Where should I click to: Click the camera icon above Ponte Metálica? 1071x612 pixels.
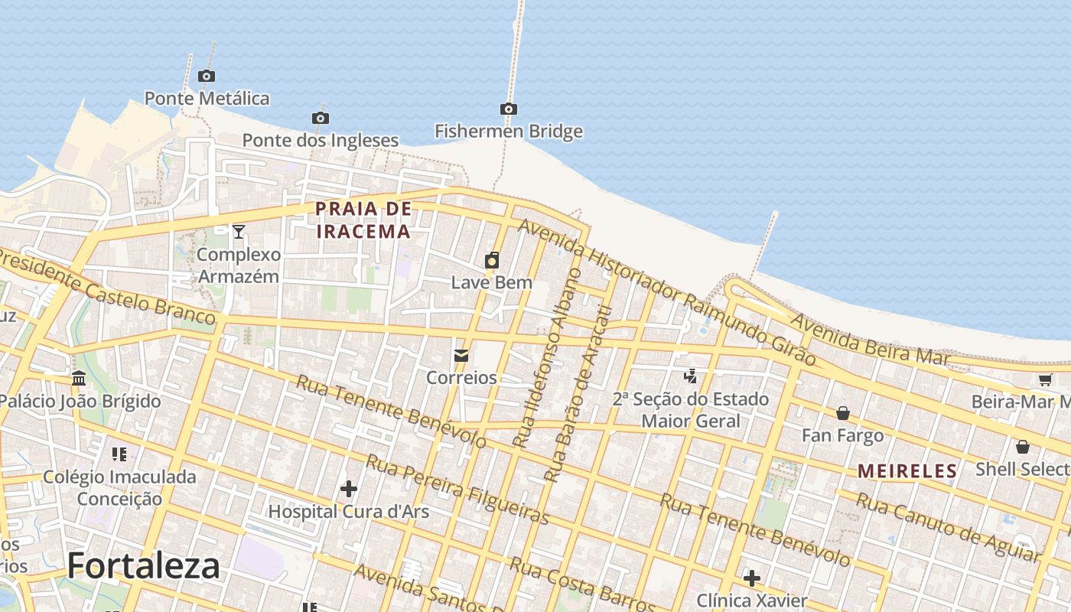pos(206,76)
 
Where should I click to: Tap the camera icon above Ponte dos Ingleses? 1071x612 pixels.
pos(321,118)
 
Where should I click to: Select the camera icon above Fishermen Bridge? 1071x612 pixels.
pos(509,109)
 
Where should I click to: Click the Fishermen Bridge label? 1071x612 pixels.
pos(509,132)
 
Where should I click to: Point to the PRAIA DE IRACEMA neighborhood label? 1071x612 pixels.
pos(363,220)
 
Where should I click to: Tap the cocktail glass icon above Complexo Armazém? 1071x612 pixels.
pos(239,231)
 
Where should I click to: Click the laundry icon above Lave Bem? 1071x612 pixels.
pos(492,260)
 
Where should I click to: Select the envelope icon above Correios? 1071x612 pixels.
pos(461,356)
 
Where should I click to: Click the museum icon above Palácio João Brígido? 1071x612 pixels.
pos(79,379)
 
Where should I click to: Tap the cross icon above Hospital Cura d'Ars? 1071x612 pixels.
pos(349,488)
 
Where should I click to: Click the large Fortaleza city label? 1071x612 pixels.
pos(144,566)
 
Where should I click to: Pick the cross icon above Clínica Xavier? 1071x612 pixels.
pos(752,578)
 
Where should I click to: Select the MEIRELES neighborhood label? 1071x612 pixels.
pos(907,471)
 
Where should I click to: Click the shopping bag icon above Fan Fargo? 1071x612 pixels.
pos(842,413)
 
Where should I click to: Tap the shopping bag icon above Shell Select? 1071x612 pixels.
pos(1023,447)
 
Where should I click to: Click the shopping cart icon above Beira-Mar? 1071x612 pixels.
pos(1045,379)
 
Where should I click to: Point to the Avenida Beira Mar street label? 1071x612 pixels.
pos(869,338)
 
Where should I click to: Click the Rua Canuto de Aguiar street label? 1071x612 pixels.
pos(949,527)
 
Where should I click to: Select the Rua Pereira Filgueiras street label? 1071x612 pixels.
pos(457,490)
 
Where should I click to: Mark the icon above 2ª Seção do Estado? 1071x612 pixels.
pos(691,376)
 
